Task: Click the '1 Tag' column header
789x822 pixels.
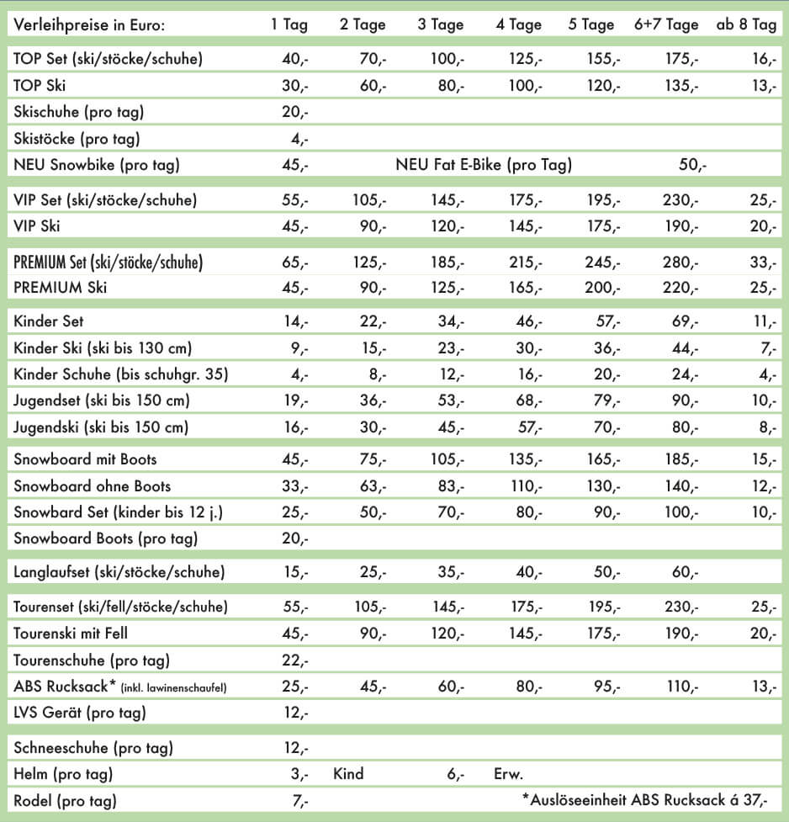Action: (289, 24)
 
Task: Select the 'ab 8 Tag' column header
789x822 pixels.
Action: (746, 24)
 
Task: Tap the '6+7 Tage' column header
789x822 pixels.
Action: (666, 24)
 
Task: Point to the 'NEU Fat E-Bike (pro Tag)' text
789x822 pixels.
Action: (484, 165)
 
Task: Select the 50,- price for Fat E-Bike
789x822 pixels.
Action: (692, 165)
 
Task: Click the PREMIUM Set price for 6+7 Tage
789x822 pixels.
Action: (680, 263)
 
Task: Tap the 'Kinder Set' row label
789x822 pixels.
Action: (49, 321)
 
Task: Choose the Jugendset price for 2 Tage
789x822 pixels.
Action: (371, 400)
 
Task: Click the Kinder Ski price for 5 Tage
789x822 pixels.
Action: (603, 347)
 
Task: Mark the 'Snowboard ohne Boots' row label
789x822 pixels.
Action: (93, 485)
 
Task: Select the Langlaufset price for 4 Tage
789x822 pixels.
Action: (528, 572)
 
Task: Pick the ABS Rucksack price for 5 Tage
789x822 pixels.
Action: (603, 687)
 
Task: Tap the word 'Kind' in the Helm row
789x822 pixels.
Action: (348, 773)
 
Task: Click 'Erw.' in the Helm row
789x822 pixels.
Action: (508, 773)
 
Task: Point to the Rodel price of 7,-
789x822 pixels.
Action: (300, 801)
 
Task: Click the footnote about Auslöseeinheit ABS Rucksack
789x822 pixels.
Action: (644, 800)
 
